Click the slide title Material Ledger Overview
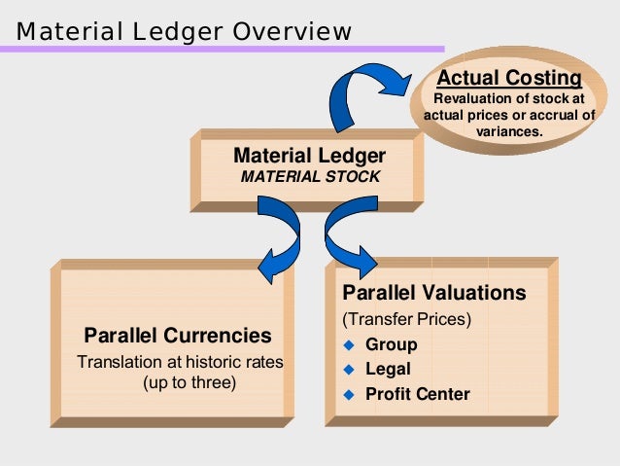pyautogui.click(x=184, y=32)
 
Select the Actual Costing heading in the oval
pyautogui.click(x=509, y=78)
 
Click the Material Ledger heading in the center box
pyautogui.click(x=309, y=156)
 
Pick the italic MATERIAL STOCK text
pyautogui.click(x=309, y=177)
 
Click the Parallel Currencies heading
pyautogui.click(x=178, y=336)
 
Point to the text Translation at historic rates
pyautogui.click(x=180, y=362)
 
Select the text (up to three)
pyautogui.click(x=189, y=381)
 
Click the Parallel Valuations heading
pyautogui.click(x=433, y=293)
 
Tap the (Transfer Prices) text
pyautogui.click(x=406, y=320)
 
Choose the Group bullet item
pyautogui.click(x=391, y=344)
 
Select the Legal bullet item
pyautogui.click(x=388, y=370)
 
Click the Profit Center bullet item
pyautogui.click(x=417, y=394)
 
